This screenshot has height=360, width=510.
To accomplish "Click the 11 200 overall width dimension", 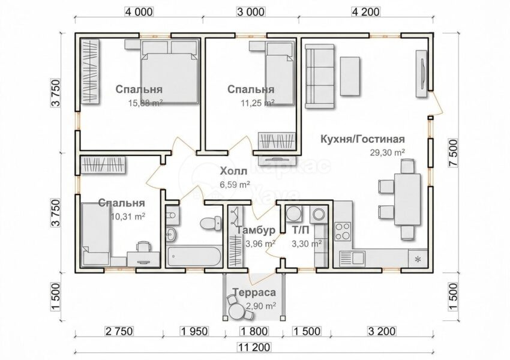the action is [x=254, y=347].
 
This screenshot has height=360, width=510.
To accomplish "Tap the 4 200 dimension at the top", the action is [x=365, y=12].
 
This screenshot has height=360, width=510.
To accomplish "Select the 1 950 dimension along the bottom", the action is [x=194, y=331].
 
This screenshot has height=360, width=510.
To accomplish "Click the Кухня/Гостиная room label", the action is [x=362, y=139].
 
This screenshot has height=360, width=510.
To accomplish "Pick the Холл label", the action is [x=233, y=171].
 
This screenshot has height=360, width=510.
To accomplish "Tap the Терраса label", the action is [x=254, y=292].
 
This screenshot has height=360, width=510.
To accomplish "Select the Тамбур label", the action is [x=256, y=230].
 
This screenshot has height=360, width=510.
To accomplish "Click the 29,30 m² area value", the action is [x=387, y=152].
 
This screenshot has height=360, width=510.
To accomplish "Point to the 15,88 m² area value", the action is [x=145, y=103].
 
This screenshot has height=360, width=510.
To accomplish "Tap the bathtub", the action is [x=194, y=257].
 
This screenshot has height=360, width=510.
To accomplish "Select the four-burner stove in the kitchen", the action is [x=343, y=231].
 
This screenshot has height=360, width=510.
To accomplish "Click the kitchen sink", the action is [x=352, y=259].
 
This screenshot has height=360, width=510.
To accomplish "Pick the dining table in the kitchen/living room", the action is [x=407, y=199].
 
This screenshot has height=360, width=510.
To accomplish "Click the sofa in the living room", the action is [x=320, y=76].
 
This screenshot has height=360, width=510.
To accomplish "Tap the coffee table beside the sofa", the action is [x=350, y=76].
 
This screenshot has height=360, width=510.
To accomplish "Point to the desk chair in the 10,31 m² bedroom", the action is [x=143, y=246].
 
